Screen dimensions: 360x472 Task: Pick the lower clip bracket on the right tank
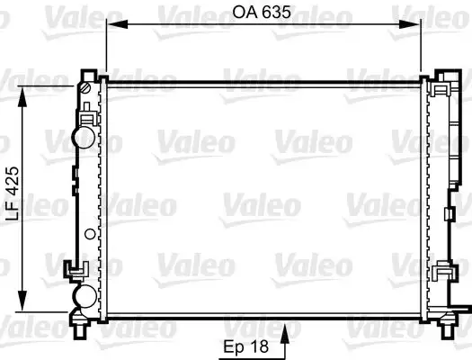coord(441,274)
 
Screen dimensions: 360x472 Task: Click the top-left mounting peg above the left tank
coord(88,72)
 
